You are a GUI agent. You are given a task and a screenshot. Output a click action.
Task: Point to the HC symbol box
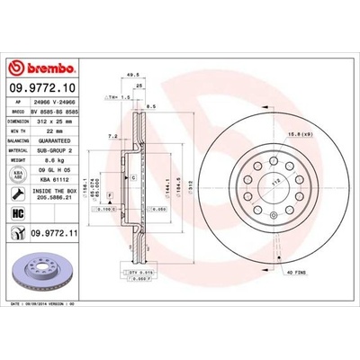click(x=19, y=213)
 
